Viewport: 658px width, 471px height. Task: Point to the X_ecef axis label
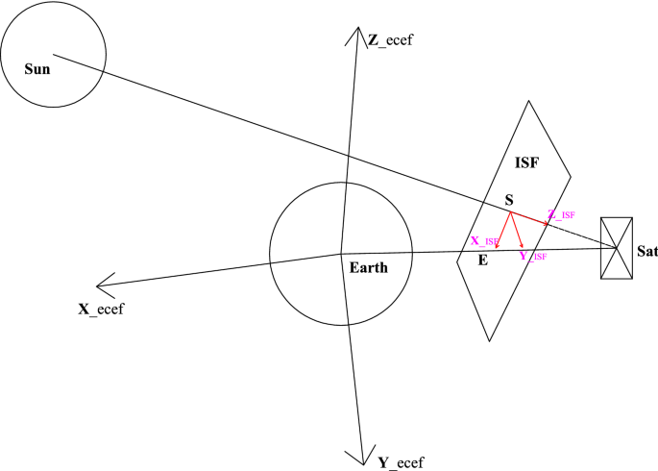(101, 309)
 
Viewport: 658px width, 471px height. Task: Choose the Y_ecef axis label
(401, 462)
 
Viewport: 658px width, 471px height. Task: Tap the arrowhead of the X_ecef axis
(97, 285)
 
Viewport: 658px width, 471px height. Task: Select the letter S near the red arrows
(510, 200)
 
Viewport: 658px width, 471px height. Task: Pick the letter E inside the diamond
(482, 260)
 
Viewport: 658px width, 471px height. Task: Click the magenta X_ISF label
(483, 240)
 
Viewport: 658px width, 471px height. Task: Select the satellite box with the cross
(616, 248)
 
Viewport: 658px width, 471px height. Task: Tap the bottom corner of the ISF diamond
(491, 341)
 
